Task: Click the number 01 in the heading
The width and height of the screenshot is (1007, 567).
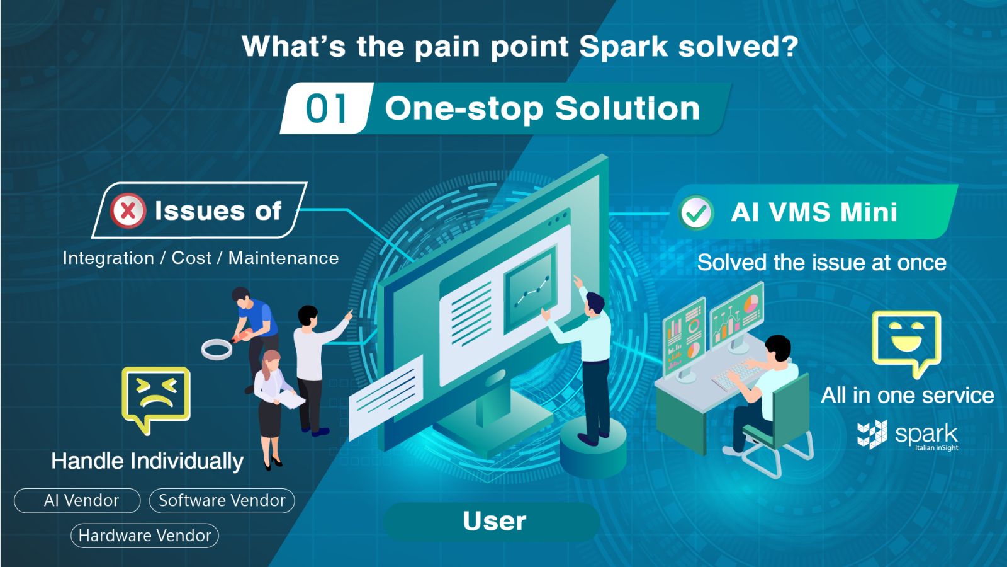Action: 326,108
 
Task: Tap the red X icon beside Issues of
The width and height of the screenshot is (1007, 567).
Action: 128,210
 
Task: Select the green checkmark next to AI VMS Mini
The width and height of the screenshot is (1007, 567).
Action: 696,213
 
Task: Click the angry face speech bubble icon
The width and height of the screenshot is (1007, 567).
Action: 156,397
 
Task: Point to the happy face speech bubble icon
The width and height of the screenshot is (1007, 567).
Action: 906,340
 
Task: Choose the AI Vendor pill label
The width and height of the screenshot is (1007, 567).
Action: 77,501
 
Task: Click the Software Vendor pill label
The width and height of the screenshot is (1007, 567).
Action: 222,501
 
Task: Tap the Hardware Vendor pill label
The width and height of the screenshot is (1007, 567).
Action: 145,536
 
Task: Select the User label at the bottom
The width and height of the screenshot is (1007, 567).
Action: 493,522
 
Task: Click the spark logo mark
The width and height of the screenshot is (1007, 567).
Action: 872,434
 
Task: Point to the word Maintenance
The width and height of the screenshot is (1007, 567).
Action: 283,258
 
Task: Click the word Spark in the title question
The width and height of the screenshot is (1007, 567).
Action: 623,47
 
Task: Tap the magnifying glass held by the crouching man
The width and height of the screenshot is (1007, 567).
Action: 217,348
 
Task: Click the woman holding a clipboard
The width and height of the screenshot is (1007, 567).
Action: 271,403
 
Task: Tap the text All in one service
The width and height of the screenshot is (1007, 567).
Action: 907,396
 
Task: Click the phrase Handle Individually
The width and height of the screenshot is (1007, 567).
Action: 147,461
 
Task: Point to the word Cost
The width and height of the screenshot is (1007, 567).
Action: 191,258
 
